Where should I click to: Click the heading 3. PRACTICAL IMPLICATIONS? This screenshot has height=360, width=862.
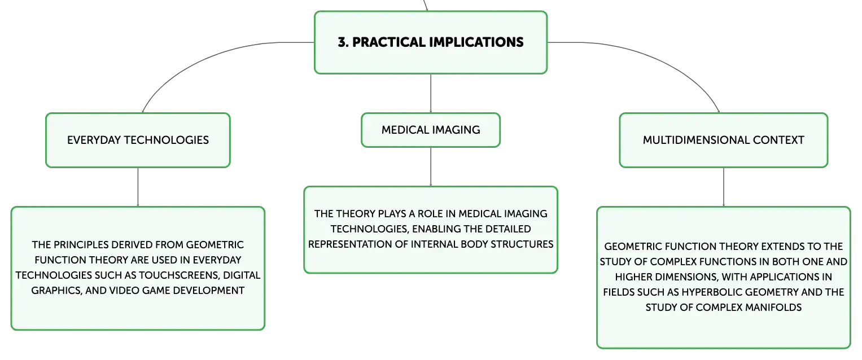coord(431,42)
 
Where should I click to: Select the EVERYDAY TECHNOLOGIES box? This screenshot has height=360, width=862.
coord(138,140)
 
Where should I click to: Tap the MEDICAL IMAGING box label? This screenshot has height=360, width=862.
coord(431,130)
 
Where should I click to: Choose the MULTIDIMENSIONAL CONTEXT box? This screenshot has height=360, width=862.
coord(724,140)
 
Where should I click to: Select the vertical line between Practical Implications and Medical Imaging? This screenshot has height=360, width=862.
coord(431,93)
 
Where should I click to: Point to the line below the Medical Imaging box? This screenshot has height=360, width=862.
coord(431,167)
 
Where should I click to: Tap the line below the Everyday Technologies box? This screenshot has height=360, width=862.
coord(138,187)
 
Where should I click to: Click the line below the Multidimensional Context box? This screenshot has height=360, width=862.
coord(724,187)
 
